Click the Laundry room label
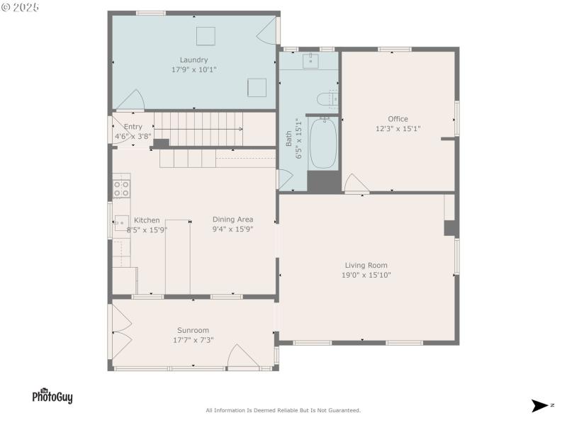point(193,60)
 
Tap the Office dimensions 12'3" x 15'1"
point(398,129)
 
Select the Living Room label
point(366,266)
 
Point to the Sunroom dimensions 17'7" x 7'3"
point(193,340)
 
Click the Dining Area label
point(232,220)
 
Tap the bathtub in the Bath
point(323,144)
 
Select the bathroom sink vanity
point(310,61)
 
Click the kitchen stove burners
point(121,188)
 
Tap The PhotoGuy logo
point(52,397)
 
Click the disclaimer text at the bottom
point(283,410)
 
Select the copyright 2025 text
point(21,7)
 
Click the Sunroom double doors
point(120,333)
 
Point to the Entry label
point(133,127)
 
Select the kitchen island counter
point(178,256)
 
